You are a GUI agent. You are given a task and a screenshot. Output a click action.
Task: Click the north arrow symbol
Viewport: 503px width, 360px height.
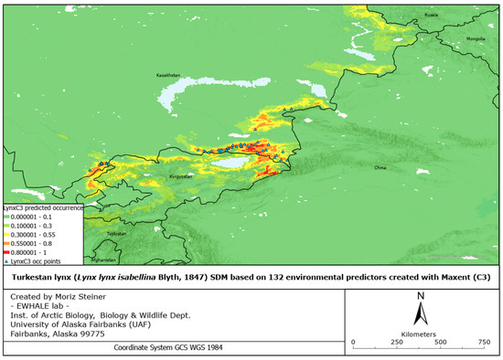coord(419,311)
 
